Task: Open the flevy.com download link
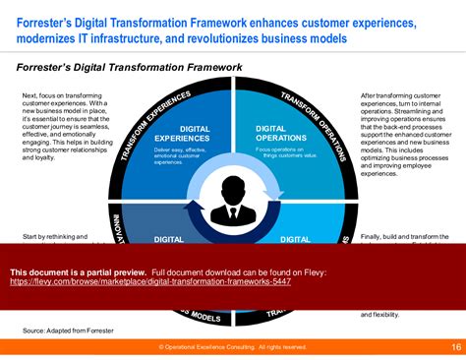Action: (149, 280)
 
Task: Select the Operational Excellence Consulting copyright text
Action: (232, 347)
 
